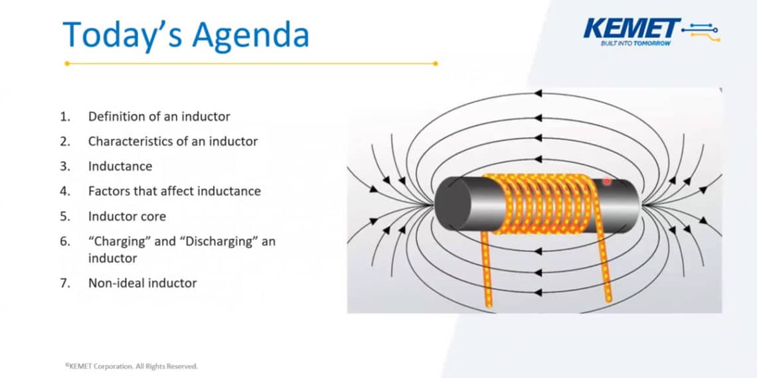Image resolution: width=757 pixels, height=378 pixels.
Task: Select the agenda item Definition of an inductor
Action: pyautogui.click(x=159, y=117)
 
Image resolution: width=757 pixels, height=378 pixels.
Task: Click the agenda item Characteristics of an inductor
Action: pyautogui.click(x=173, y=141)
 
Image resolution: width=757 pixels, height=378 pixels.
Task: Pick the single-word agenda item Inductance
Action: pyautogui.click(x=120, y=166)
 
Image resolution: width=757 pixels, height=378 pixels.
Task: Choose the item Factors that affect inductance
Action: pyautogui.click(x=174, y=191)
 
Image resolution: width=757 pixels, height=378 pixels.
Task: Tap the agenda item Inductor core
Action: pyautogui.click(x=127, y=216)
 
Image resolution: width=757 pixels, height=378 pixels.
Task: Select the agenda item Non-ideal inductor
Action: pyautogui.click(x=142, y=283)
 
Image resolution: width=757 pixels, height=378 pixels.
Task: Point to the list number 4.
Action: pyautogui.click(x=64, y=191)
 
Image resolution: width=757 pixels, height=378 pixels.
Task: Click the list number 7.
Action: pyautogui.click(x=64, y=283)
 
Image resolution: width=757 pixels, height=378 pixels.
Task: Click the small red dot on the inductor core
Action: pyautogui.click(x=606, y=182)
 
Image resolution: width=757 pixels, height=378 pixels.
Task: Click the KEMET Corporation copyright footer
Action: pyautogui.click(x=131, y=366)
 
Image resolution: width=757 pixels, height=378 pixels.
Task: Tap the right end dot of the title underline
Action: pyautogui.click(x=435, y=64)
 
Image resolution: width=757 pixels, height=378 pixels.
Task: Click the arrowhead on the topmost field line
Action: pyautogui.click(x=539, y=93)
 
